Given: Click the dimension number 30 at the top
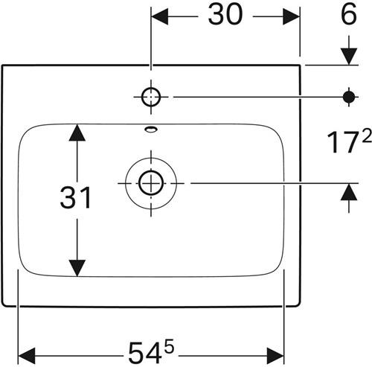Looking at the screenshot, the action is pyautogui.click(x=225, y=15).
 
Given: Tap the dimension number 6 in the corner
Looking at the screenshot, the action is pyautogui.click(x=349, y=14).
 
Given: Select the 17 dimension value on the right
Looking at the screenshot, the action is pyautogui.click(x=343, y=143).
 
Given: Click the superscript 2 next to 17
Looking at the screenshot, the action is pyautogui.click(x=367, y=135).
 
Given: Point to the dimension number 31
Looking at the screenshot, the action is pyautogui.click(x=76, y=198).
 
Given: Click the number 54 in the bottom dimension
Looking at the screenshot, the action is pyautogui.click(x=145, y=353).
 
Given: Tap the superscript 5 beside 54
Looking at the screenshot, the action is pyautogui.click(x=170, y=345).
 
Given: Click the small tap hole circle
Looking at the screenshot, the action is pyautogui.click(x=151, y=97).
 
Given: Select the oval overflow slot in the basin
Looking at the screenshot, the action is pyautogui.click(x=151, y=129).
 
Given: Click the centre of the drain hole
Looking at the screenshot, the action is pyautogui.click(x=151, y=183).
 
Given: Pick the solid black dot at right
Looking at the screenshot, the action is pyautogui.click(x=349, y=97).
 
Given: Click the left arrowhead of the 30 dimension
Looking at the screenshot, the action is pyautogui.click(x=160, y=16).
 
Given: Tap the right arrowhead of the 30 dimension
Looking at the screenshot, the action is pyautogui.click(x=291, y=16).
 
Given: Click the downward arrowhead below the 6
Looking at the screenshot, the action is pyautogui.click(x=349, y=57).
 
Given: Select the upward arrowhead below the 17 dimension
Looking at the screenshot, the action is pyautogui.click(x=349, y=191).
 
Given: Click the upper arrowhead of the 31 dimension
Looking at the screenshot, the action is pyautogui.click(x=77, y=133).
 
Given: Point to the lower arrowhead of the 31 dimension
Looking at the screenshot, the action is pyautogui.click(x=77, y=268).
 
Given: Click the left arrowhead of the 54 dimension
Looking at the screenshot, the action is pyautogui.click(x=27, y=356).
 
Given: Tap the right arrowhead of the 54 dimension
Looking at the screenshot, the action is pyautogui.click(x=275, y=356).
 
